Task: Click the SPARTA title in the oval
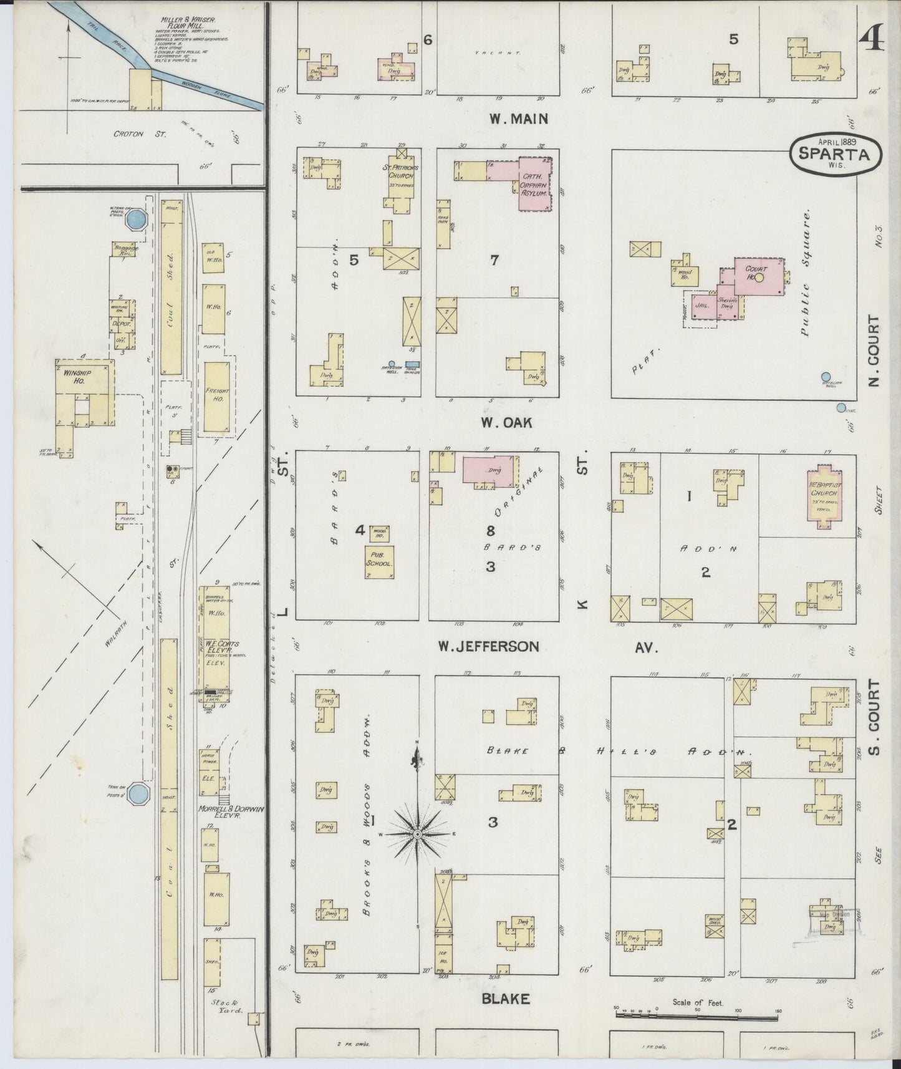836,154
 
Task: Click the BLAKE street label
505,999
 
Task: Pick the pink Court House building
757,274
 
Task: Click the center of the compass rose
417,834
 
